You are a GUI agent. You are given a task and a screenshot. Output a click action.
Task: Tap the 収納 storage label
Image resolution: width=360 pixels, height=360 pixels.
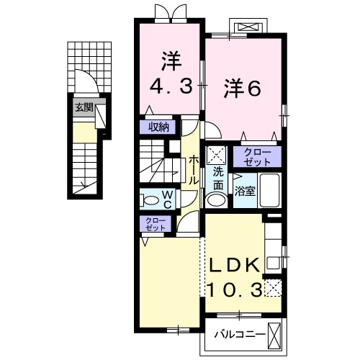(x=159, y=127)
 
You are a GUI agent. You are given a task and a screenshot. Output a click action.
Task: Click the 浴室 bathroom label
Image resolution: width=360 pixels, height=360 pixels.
(x=245, y=191)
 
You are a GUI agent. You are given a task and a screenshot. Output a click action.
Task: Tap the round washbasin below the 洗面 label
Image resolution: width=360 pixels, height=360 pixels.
(x=217, y=199)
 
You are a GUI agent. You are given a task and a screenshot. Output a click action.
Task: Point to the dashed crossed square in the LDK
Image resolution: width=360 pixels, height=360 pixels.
(x=273, y=290)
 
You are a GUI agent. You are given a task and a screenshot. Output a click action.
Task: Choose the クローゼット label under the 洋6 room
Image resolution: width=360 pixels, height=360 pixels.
(x=257, y=156)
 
